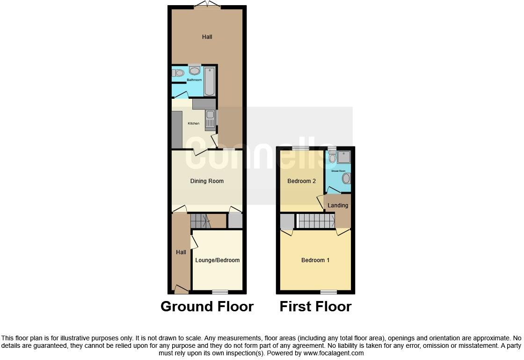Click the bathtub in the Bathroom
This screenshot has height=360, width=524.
click(209, 81)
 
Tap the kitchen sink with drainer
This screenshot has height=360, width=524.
click(210, 119)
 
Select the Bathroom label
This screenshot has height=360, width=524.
click(194, 80)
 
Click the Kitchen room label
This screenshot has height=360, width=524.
click(194, 124)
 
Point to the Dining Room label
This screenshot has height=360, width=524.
click(207, 181)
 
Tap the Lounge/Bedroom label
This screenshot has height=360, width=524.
click(218, 260)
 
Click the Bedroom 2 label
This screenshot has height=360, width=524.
click(302, 181)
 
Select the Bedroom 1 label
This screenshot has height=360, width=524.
click(315, 260)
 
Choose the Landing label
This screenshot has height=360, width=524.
click(338, 206)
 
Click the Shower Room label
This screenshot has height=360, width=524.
click(338, 171)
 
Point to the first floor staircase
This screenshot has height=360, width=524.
click(316, 220)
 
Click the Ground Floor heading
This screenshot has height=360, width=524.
click(207, 307)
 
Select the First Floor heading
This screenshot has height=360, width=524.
click(315, 307)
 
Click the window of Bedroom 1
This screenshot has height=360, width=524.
click(328, 292)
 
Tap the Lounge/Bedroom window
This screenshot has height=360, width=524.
click(220, 292)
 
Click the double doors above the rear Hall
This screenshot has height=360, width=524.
click(208, 6)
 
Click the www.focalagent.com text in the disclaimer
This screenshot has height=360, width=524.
click(334, 353)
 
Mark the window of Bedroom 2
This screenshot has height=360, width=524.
click(301, 148)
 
